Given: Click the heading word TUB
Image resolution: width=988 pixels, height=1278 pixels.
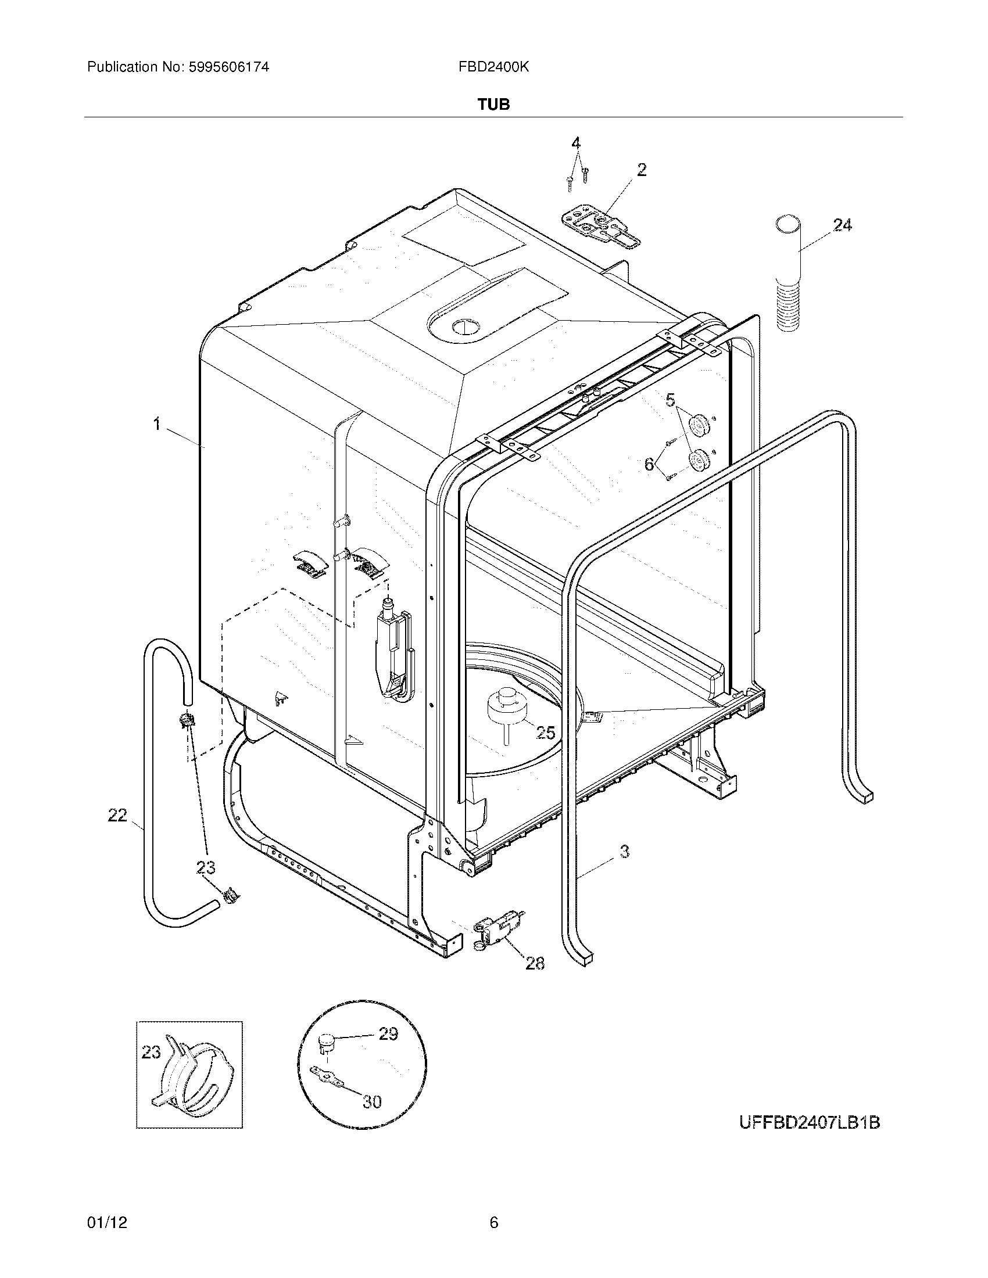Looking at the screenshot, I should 494,105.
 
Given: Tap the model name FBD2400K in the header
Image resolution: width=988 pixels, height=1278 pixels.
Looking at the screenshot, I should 493,67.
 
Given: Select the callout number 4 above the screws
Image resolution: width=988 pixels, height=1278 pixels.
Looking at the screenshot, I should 576,143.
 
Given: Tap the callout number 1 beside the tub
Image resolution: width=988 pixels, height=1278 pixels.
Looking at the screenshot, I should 156,424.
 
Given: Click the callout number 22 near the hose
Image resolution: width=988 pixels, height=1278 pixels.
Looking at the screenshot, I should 117,815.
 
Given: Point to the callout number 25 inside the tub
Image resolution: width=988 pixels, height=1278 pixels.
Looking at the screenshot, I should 545,732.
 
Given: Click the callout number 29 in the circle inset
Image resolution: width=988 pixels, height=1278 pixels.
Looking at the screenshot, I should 388,1034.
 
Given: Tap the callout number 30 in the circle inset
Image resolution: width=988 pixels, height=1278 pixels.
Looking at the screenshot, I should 373,1102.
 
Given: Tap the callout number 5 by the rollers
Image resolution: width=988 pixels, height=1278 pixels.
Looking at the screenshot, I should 670,400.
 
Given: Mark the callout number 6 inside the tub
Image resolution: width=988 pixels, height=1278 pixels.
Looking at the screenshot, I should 649,464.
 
